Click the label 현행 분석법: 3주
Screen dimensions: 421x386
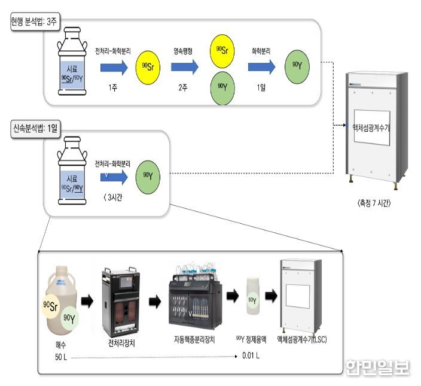pos(34,21)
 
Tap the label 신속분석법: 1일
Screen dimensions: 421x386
pos(35,129)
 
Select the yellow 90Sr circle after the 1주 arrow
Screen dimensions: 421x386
pos(148,68)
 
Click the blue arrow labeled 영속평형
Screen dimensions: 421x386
pos(184,67)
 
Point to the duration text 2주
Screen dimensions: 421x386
pos(183,87)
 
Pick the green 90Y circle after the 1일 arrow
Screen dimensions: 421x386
pos(297,67)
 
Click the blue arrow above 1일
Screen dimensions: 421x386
pos(261,67)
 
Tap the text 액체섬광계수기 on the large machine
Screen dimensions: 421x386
pos(371,128)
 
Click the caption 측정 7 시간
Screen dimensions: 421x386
pos(374,203)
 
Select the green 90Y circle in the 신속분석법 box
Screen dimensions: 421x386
pos(148,177)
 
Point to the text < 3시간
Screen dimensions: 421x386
pos(113,197)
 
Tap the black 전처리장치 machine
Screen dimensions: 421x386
pos(121,302)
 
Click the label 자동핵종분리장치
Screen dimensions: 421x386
pos(194,340)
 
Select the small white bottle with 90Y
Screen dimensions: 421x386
pos(253,296)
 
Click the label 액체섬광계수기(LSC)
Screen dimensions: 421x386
pos(302,340)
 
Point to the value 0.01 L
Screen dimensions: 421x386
pos(251,356)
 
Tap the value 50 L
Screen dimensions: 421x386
pos(61,357)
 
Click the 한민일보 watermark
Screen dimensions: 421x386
pos(377,367)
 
